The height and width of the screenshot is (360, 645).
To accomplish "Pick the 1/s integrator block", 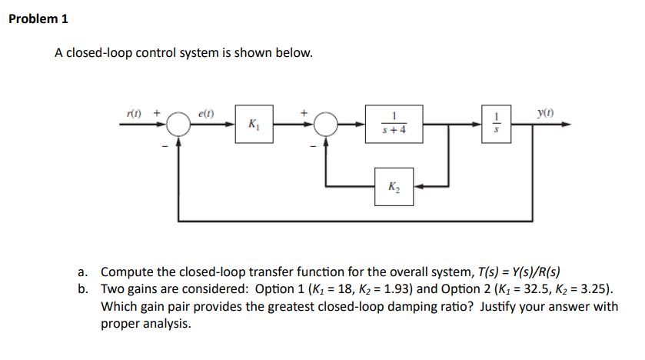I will pos(497,124).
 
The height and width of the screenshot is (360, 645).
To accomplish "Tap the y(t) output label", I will pos(547,112).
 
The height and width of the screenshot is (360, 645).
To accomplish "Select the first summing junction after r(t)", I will pos(178,124).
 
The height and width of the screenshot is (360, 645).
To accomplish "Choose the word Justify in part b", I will pos(509,306).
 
